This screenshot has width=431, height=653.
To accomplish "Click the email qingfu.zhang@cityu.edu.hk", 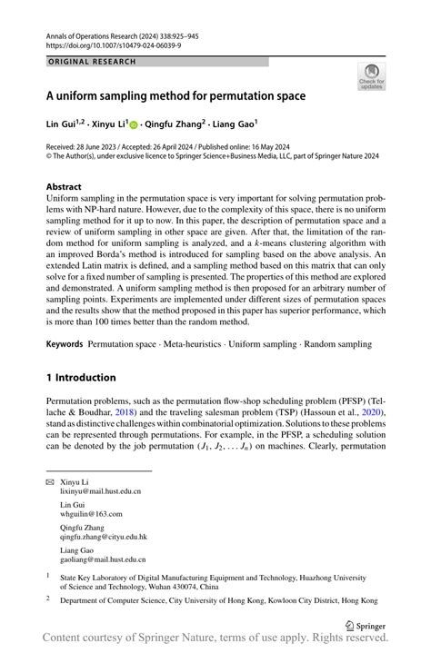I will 104,537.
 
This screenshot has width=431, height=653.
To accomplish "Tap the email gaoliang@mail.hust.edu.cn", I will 103,560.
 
